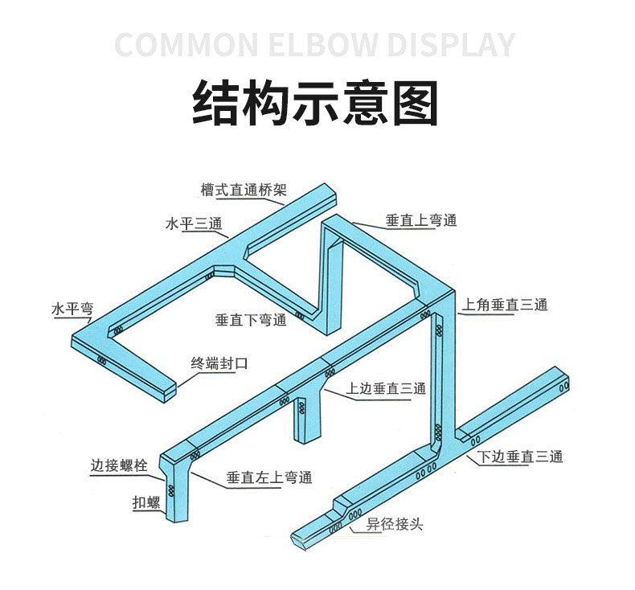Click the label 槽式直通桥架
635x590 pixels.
pos(244,190)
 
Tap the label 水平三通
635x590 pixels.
pos(194,223)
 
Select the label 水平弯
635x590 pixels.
pos(72,309)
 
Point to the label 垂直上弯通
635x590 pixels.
pos(421,221)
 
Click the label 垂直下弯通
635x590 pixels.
pos(251,320)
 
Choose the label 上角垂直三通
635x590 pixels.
pos(505,305)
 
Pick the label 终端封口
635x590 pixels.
pos(219,363)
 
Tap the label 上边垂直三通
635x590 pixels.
pos(386,388)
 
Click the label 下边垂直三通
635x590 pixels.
pos(520,457)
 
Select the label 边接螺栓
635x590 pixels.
pos(119,465)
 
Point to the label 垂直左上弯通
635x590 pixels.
pos(269,477)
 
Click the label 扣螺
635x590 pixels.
pos(146,502)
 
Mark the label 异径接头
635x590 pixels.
pos(395,524)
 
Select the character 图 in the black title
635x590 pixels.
pos(416,103)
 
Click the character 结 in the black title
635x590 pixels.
pos(215,103)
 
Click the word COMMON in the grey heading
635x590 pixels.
pos(186,44)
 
